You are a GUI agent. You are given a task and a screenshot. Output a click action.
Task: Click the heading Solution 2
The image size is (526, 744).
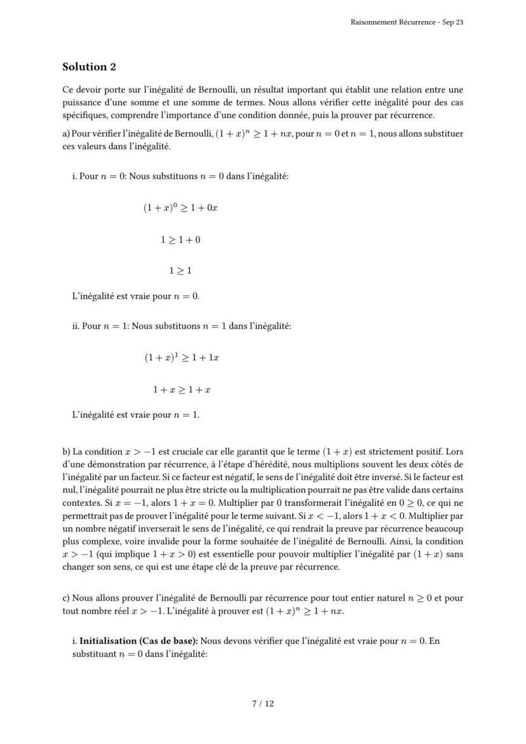89,67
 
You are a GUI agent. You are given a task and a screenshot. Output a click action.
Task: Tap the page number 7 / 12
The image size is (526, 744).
263,703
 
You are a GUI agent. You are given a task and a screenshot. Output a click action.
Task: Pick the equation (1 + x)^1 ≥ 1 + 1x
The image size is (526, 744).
182,358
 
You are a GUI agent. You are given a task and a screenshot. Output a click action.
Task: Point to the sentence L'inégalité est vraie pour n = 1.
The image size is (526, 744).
136,415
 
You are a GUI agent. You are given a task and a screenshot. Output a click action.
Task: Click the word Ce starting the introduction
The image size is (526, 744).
68,90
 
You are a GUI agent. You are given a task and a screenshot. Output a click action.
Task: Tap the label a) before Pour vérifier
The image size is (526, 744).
67,133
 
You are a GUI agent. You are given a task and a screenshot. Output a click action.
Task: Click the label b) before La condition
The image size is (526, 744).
67,452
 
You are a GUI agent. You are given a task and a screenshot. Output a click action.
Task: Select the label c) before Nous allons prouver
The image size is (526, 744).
66,598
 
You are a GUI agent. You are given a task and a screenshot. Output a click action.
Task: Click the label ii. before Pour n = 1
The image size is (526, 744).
75,326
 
